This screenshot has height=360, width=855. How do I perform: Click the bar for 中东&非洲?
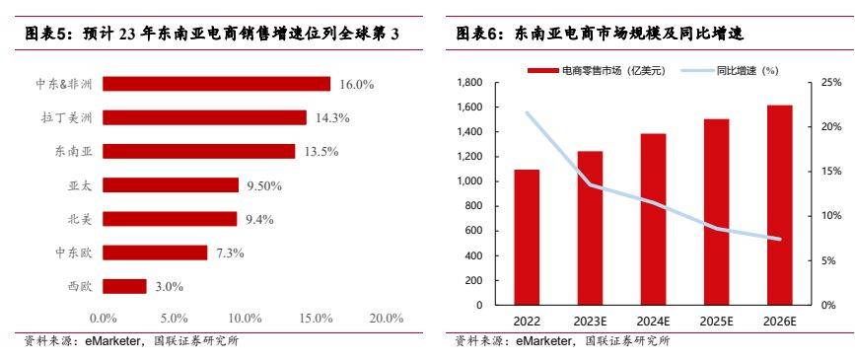point(216,84)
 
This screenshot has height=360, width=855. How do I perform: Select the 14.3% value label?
point(332,117)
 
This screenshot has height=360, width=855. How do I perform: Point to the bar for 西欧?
point(124,286)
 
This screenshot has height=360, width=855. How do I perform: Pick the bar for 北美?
point(170,219)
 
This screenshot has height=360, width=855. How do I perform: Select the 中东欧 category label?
point(74,252)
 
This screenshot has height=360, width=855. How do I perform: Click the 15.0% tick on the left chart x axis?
point(316,319)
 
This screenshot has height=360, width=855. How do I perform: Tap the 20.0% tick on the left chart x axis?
point(387,319)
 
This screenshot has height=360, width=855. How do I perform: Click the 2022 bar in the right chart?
point(527,237)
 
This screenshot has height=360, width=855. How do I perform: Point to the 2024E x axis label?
point(653,323)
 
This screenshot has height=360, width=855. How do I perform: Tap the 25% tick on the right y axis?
point(830,83)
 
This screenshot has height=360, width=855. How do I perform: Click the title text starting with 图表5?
point(212,34)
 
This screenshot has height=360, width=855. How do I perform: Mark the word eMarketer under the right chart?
point(540,341)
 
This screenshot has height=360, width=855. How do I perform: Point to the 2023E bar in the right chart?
point(590,228)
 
